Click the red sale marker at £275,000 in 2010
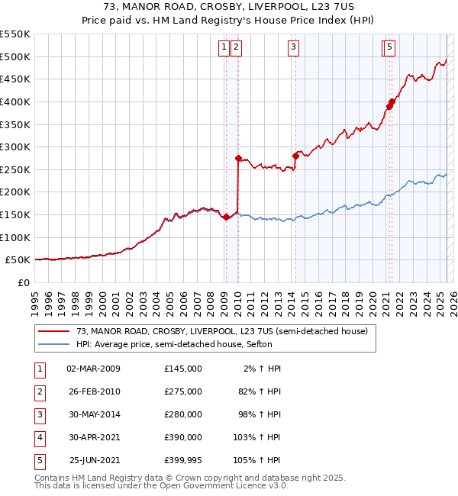click(238, 159)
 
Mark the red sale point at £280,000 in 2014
click(295, 156)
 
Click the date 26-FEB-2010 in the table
click(94, 391)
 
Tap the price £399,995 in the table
click(182, 460)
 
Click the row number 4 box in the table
click(39, 437)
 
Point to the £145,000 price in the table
click(182, 369)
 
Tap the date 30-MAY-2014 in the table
click(94, 414)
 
